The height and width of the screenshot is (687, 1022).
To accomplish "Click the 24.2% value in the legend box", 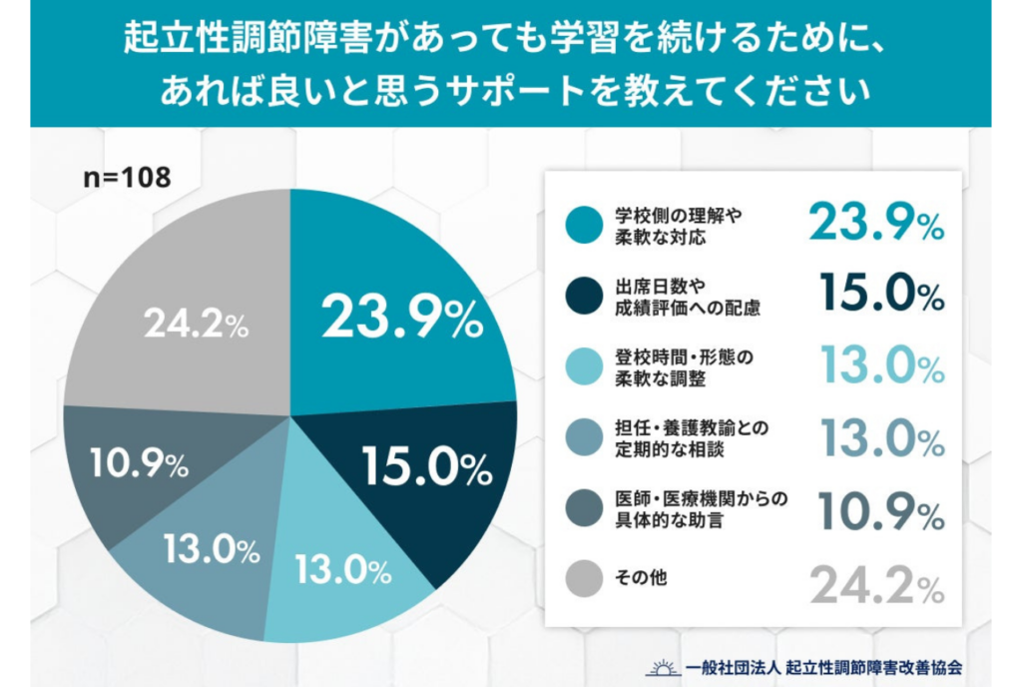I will (876, 585).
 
